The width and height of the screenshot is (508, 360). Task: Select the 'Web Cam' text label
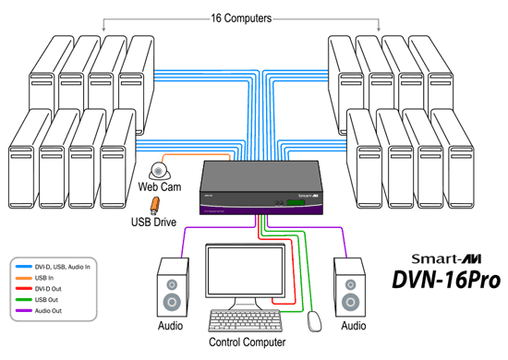pos(158,186)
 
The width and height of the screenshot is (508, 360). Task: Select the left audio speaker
pos(174,289)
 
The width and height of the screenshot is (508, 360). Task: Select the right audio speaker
pos(350,289)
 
